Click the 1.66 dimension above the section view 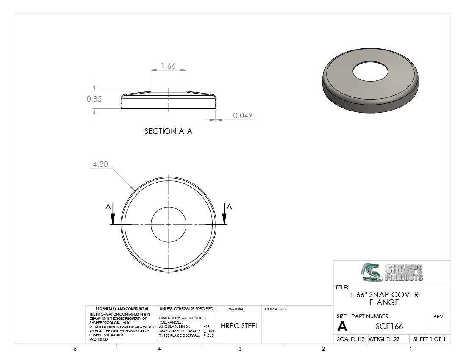168,66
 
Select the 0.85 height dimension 94,99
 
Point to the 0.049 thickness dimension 242,115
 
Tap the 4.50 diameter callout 100,164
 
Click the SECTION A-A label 169,131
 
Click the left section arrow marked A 113,214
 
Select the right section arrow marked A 225,214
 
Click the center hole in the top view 169,207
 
